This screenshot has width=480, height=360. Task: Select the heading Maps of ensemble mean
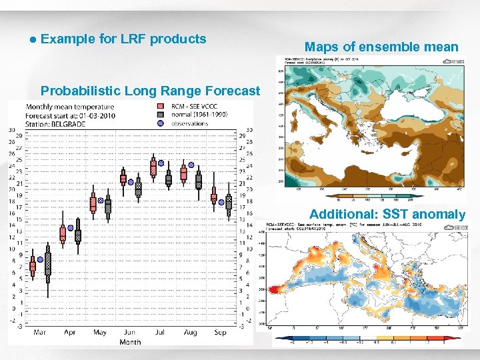coord(381,47)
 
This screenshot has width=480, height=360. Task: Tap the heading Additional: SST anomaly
coord(387,214)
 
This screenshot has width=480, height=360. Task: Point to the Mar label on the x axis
coord(39,332)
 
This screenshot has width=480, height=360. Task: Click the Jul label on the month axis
coord(160,332)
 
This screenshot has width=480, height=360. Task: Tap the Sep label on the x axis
coord(221,332)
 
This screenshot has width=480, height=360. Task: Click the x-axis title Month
coord(130,342)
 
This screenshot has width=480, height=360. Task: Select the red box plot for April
coord(63,233)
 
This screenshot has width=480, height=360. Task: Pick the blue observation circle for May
coord(101,200)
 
